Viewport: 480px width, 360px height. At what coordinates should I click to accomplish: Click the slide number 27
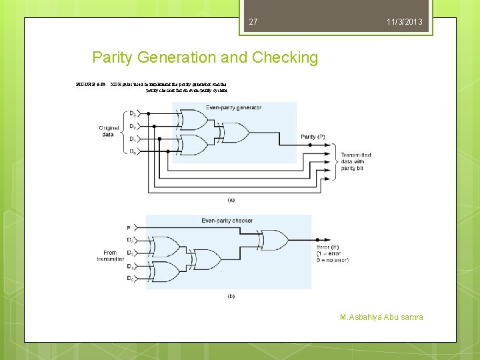click(x=253, y=23)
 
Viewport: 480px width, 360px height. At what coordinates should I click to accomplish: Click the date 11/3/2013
click(x=404, y=23)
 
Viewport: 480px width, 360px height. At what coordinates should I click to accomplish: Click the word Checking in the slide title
click(x=285, y=57)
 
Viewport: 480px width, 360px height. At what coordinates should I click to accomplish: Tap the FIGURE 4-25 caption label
click(x=91, y=86)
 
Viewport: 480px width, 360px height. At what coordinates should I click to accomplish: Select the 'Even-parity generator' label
click(x=233, y=107)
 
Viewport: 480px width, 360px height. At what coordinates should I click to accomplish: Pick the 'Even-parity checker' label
click(x=227, y=220)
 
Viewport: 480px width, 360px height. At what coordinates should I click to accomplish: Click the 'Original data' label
click(x=109, y=131)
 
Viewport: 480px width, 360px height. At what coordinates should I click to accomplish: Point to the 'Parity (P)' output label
click(x=313, y=137)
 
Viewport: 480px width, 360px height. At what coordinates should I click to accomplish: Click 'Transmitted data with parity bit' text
click(x=355, y=162)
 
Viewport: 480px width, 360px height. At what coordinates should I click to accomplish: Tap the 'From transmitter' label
click(x=110, y=256)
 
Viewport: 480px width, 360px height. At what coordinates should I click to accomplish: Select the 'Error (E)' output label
click(x=330, y=247)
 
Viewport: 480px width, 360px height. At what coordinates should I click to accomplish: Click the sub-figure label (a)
click(x=231, y=199)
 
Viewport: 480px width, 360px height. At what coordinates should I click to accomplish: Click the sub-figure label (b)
click(x=231, y=295)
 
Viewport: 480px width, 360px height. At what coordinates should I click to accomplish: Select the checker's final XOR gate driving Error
click(x=275, y=239)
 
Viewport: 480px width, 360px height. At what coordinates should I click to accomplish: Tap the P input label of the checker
click(x=128, y=228)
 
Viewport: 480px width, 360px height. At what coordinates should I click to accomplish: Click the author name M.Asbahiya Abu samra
click(x=381, y=317)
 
